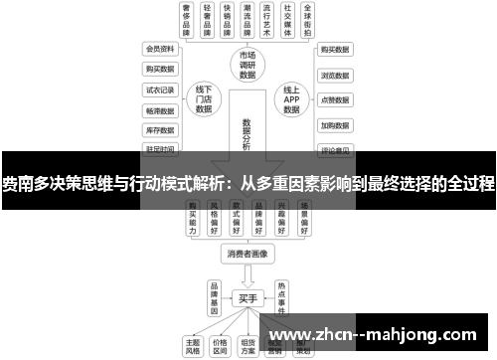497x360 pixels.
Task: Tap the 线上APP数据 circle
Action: [x=291, y=98]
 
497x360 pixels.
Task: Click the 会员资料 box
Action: [x=160, y=48]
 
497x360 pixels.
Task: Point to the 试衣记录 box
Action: [x=160, y=89]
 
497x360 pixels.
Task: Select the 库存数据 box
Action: [x=160, y=129]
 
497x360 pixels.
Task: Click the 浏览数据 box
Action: [x=336, y=75]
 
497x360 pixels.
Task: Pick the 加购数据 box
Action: [x=336, y=126]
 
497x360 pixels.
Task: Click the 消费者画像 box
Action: [x=248, y=255]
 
